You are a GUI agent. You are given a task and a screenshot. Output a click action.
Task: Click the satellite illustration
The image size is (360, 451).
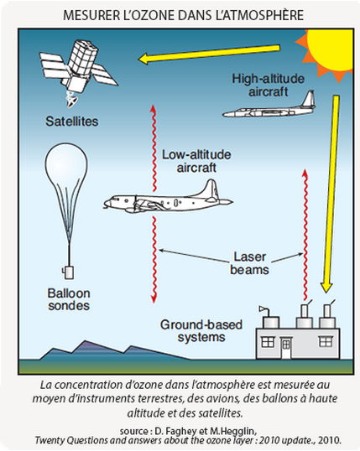[78, 70]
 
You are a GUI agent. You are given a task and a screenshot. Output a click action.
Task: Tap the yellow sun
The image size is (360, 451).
[330, 52]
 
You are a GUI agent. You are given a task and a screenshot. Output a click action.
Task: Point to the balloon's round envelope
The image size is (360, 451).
[66, 169]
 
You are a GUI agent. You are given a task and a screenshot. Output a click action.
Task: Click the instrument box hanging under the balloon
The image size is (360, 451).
[69, 272]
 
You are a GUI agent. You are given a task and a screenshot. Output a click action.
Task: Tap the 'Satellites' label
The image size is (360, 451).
[71, 122]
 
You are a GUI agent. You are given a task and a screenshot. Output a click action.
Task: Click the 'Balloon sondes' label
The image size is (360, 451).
[69, 299]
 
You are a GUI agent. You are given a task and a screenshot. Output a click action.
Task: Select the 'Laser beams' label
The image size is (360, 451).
[249, 263]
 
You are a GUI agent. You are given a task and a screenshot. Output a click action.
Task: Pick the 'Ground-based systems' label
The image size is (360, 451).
[201, 331]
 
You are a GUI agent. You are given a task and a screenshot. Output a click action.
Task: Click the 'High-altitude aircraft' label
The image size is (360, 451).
[269, 86]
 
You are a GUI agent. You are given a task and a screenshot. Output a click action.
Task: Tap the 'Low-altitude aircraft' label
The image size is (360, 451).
[196, 161]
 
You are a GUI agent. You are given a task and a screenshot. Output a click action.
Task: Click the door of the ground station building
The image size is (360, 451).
[286, 348]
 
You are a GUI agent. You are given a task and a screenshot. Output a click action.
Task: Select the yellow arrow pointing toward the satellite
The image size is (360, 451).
[209, 54]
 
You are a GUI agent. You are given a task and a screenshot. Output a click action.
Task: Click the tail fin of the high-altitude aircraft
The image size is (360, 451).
[308, 99]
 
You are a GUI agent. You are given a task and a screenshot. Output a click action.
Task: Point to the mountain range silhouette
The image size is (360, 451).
[112, 351]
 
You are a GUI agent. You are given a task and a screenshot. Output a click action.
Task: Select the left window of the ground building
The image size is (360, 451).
[267, 342]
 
